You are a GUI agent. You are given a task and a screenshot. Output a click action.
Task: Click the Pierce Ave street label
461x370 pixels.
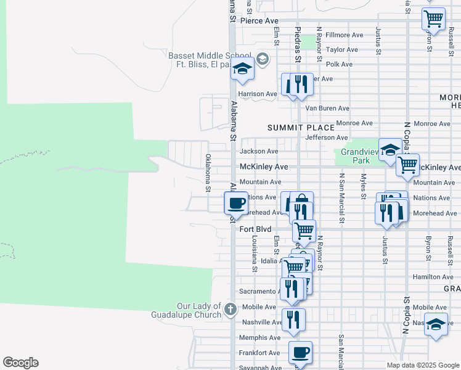[259, 21]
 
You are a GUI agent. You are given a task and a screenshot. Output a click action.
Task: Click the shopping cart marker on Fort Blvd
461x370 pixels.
[304, 231]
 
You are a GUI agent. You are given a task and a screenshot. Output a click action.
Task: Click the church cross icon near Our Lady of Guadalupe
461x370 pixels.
[230, 309]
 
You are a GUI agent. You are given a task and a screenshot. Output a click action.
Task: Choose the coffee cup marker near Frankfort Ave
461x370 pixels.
[300, 352]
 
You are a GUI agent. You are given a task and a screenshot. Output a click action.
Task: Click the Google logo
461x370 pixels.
[20, 363]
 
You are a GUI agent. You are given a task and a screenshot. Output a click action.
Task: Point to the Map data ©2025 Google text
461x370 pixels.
[422, 365]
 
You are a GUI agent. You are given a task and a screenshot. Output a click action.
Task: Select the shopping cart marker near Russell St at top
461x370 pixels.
[434, 18]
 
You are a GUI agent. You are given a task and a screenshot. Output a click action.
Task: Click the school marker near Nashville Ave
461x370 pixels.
[436, 324]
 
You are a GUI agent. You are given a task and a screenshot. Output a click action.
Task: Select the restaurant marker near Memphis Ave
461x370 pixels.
[293, 319]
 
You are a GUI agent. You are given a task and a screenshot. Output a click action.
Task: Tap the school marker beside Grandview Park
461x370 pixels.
[390, 150]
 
